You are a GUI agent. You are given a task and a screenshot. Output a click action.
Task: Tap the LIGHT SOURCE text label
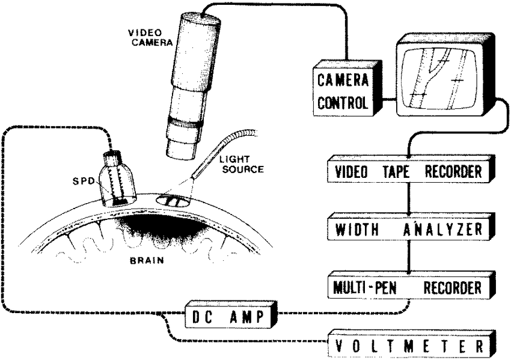coord(240,164)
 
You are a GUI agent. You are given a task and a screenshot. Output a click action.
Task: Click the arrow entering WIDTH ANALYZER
coord(410,212)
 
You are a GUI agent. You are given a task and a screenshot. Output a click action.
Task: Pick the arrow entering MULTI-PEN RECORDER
coord(410,270)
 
